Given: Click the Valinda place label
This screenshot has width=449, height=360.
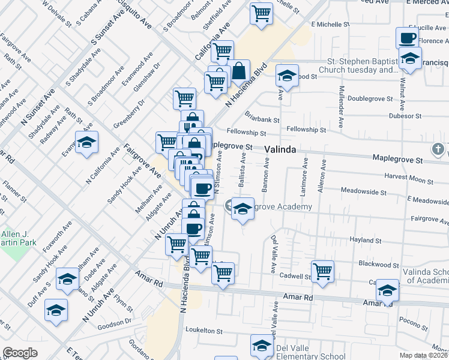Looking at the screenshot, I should pyautogui.click(x=280, y=149).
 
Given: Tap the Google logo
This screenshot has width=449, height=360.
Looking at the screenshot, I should pyautogui.click(x=20, y=353).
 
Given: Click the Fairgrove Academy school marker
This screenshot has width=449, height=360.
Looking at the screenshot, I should pyautogui.click(x=242, y=209).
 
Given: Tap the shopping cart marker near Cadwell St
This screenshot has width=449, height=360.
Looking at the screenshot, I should pyautogui.click(x=323, y=271).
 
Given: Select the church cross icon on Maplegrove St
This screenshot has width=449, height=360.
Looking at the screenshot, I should pyautogui.click(x=439, y=148).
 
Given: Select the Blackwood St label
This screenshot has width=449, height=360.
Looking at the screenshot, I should pyautogui.click(x=378, y=265).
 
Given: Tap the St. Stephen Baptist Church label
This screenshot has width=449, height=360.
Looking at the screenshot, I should pyautogui.click(x=362, y=65).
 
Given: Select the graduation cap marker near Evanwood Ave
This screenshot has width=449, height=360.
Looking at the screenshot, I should pyautogui.click(x=86, y=143).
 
